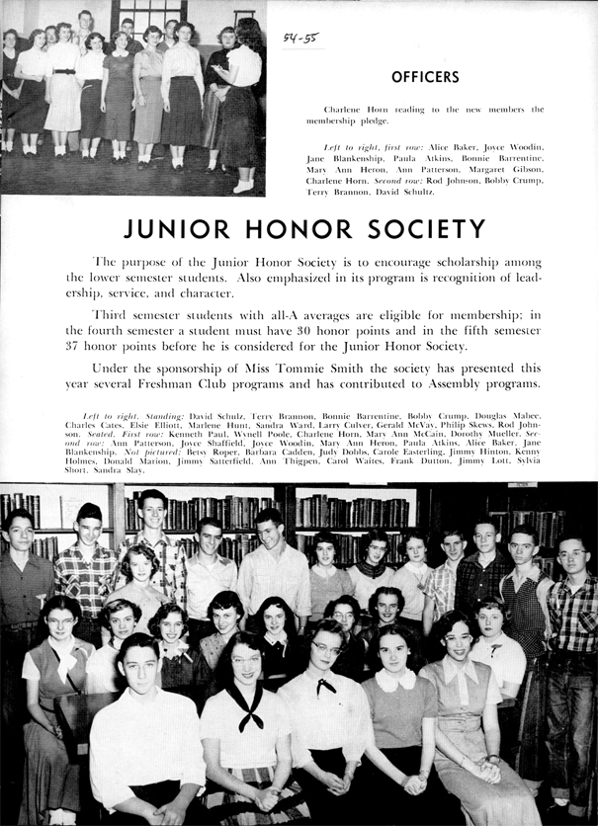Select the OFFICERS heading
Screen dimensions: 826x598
coord(425,76)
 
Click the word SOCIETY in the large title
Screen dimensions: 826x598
coord(425,230)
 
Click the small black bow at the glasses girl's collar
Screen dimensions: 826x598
coord(325,684)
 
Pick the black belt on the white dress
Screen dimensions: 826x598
coord(64,71)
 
